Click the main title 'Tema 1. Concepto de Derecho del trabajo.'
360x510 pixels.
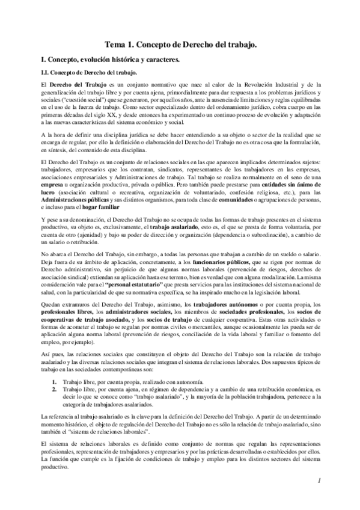[180, 45]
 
